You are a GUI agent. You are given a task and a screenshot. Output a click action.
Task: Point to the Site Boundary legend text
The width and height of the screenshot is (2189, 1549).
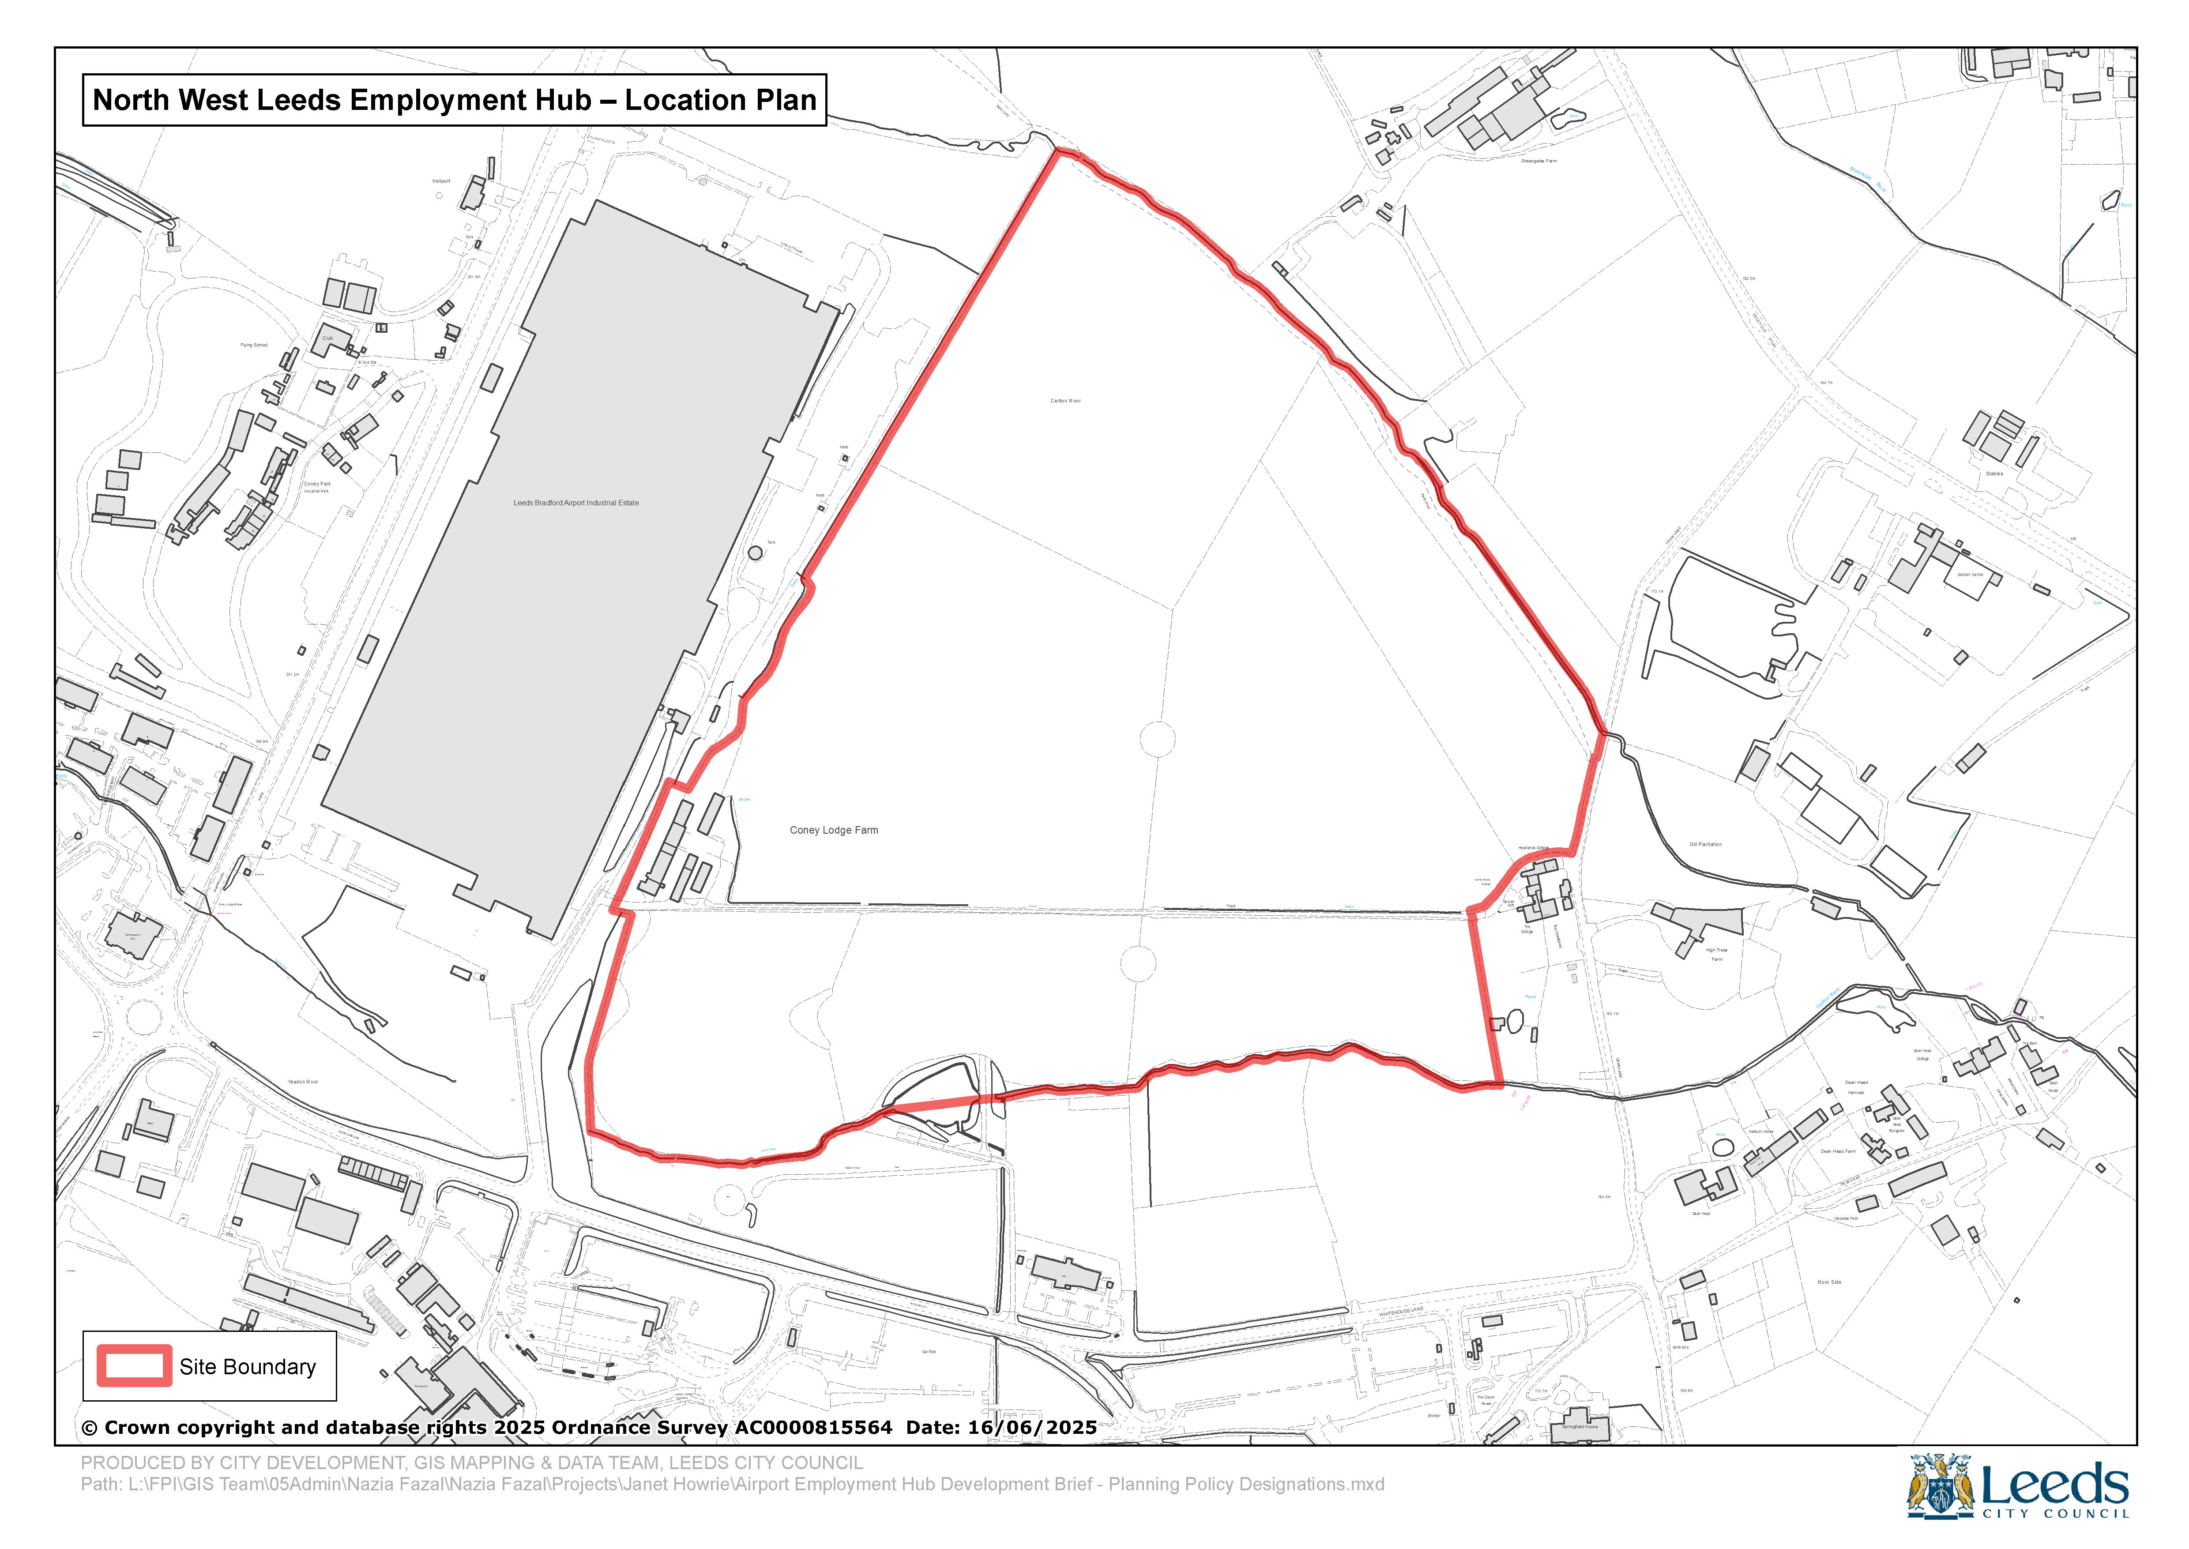[x=247, y=1367]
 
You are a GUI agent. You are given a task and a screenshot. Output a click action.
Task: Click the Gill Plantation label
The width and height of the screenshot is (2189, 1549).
[x=1705, y=844]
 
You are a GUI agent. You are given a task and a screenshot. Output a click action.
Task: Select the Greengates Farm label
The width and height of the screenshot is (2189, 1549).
[x=1538, y=161]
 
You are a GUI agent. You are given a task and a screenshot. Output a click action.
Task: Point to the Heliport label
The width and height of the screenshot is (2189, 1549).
[x=440, y=181]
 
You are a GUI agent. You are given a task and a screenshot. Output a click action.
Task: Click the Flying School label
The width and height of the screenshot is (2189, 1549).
[x=254, y=345]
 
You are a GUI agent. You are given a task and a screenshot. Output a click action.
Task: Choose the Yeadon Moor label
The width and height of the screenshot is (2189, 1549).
[x=303, y=1082]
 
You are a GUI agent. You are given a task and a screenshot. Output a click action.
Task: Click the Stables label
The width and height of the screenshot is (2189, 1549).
[x=1993, y=473]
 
